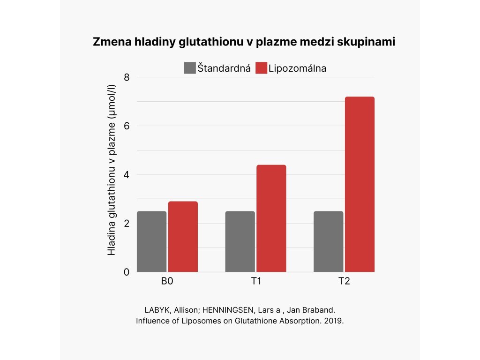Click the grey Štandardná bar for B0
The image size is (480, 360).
point(151,241)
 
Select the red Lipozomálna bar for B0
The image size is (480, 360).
point(183,237)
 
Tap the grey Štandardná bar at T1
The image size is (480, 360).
point(240,241)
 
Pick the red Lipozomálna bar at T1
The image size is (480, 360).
point(271,218)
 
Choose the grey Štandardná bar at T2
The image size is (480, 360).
point(328,241)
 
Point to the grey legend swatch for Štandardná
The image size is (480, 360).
point(189,68)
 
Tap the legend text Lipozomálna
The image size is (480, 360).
point(298,68)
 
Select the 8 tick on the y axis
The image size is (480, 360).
point(127,77)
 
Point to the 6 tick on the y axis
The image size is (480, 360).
point(127,126)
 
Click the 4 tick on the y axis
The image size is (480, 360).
point(127,175)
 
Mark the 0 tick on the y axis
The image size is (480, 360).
point(127,272)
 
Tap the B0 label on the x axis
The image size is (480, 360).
point(167,282)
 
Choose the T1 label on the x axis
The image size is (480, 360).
point(255,282)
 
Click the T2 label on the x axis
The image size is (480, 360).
point(344,282)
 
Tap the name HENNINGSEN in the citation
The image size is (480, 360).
point(210,311)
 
